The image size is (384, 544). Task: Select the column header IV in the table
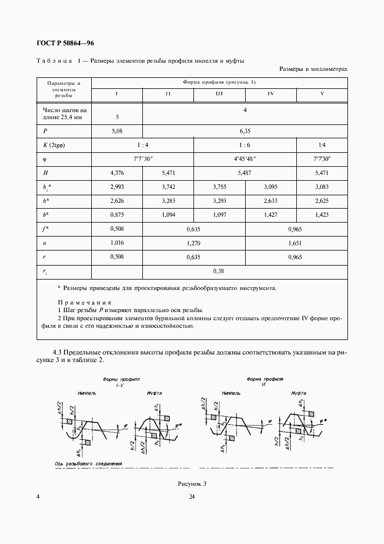(271, 94)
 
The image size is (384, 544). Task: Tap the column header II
(167, 94)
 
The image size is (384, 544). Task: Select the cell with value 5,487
(245, 173)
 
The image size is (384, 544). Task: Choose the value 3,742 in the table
(167, 187)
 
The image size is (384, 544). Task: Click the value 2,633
(271, 201)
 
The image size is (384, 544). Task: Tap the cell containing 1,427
(271, 215)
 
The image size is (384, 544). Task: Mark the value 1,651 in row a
(296, 243)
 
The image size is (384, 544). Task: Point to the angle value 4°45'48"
(245, 159)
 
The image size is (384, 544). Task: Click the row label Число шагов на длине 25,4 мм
(64, 113)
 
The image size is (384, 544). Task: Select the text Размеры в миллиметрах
(313, 69)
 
